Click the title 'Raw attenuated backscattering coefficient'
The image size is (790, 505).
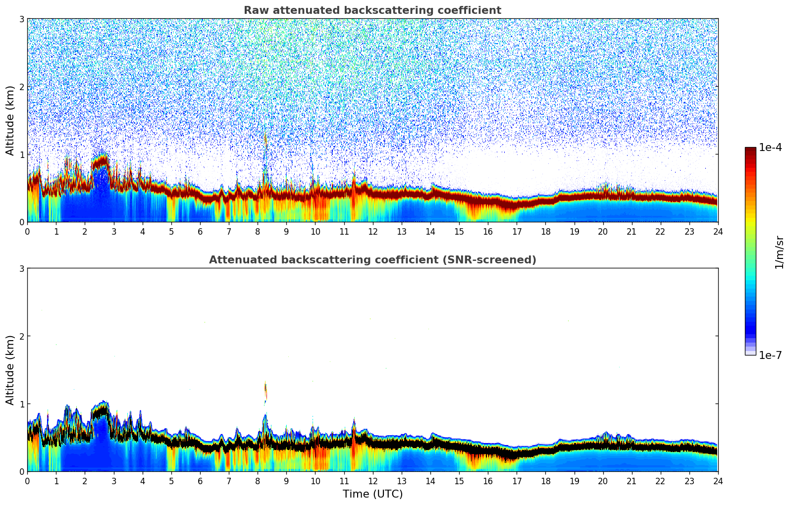[x=372, y=10]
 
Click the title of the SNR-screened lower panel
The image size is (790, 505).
[x=372, y=260]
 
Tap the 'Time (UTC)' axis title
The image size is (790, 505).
[x=372, y=494]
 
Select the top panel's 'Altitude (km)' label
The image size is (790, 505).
[x=10, y=120]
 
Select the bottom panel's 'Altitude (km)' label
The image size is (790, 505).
[x=10, y=370]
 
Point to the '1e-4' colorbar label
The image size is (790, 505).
[x=770, y=148]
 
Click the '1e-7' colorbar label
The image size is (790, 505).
[x=770, y=355]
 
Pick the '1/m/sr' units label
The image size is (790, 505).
[x=780, y=252]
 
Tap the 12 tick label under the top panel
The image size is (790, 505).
[x=372, y=231]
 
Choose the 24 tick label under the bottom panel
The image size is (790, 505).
[x=718, y=481]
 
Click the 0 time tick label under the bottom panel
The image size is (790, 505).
[x=27, y=481]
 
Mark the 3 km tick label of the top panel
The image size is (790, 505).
[x=22, y=19]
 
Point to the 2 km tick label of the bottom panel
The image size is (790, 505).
[x=22, y=336]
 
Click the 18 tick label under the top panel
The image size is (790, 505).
[x=545, y=231]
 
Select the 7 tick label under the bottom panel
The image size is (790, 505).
[x=229, y=481]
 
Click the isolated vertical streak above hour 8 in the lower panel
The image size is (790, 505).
[x=265, y=391]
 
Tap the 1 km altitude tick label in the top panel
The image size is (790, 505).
[x=22, y=154]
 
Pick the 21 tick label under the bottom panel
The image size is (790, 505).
[x=632, y=481]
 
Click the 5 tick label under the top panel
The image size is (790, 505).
[x=171, y=231]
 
